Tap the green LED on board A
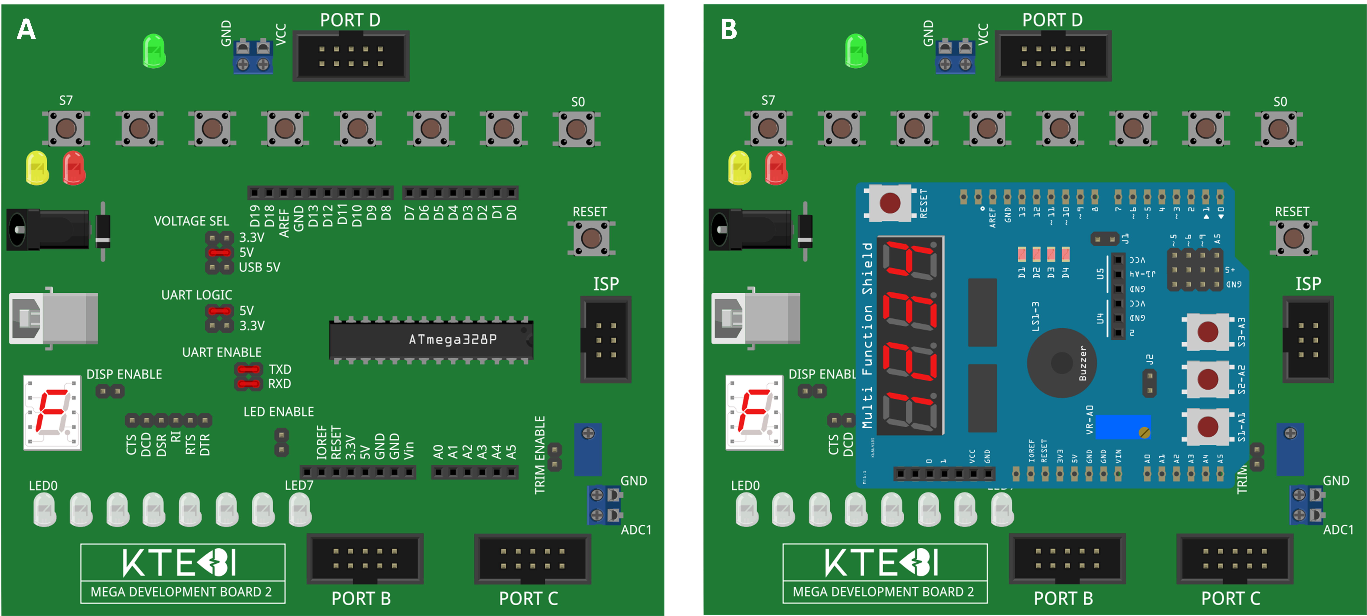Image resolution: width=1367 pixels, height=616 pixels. pos(154,51)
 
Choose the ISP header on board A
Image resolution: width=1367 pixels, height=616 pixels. pos(606,340)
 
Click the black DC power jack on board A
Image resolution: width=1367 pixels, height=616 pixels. pos(48,229)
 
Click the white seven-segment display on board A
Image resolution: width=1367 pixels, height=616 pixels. pos(52,412)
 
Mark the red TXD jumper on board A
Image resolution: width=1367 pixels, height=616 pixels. pos(248,369)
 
